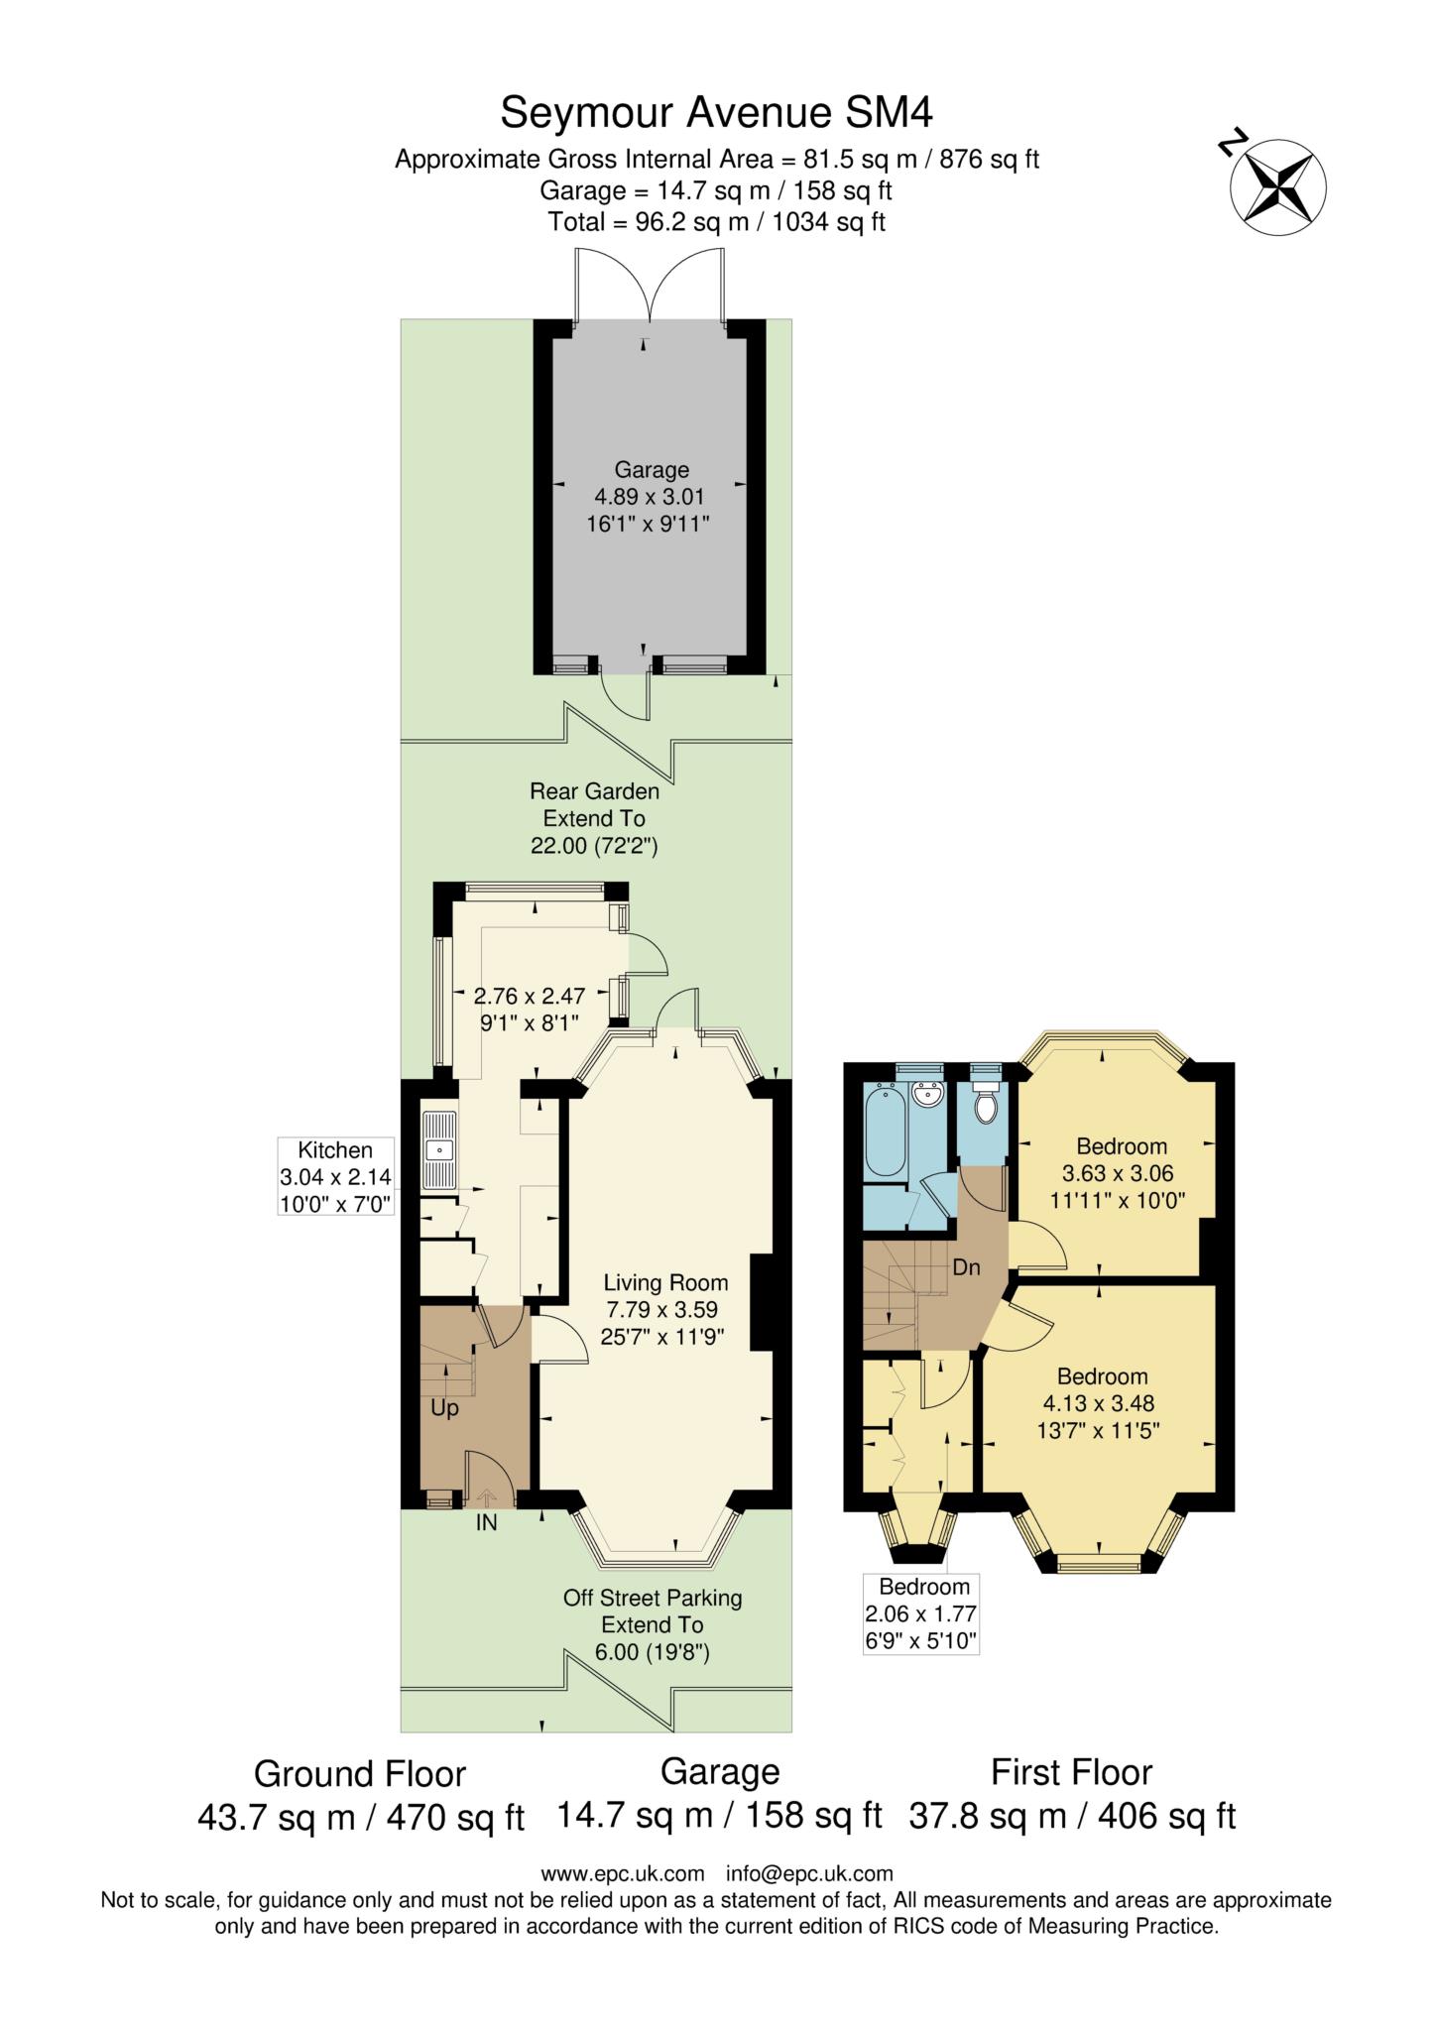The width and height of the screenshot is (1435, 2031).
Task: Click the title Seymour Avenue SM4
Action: tap(716, 112)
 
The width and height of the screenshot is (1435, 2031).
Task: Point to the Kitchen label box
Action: tap(336, 1177)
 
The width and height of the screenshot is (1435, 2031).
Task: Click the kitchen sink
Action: tap(437, 1150)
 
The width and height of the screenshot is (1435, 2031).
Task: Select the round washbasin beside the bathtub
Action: tap(928, 1097)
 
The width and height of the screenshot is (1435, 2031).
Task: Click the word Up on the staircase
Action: tap(444, 1407)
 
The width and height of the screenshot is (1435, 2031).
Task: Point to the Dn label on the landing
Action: tap(966, 1266)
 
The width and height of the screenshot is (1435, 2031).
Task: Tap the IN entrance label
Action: tap(486, 1523)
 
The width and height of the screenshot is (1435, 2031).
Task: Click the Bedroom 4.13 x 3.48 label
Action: tap(1102, 1403)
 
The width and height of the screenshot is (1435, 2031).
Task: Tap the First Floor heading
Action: tap(1072, 1771)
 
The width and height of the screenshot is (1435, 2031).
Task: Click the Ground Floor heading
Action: tap(360, 1772)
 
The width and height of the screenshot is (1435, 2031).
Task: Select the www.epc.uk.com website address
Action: tap(623, 1873)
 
